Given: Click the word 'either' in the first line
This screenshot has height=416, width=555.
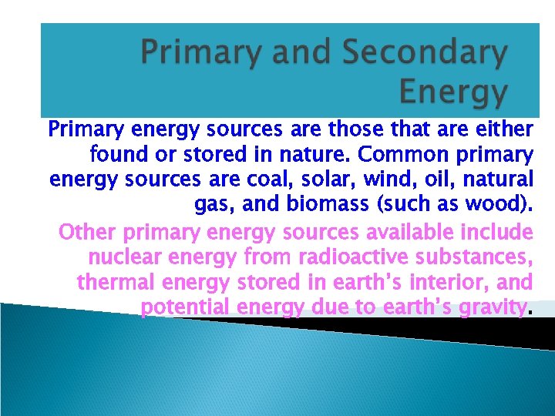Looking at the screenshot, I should click(505, 129).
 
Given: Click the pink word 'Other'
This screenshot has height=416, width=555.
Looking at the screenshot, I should click(87, 232).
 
